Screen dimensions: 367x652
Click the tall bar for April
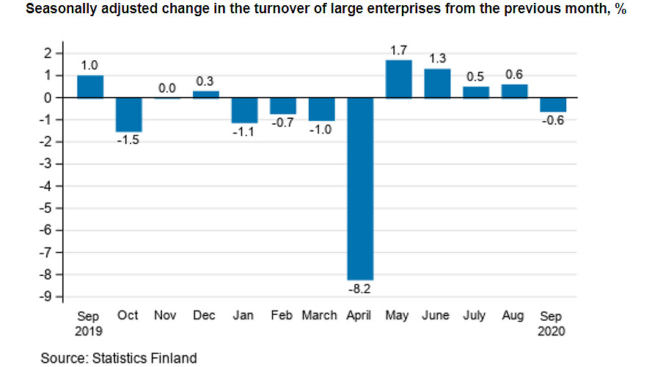[x=360, y=189]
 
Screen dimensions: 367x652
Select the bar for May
[x=399, y=79]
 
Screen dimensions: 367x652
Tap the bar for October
[x=128, y=115]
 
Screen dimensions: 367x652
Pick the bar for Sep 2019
[x=90, y=87]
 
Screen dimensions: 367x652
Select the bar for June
[x=437, y=83]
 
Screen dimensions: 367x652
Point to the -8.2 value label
[x=360, y=289]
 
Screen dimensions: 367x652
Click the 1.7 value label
[x=399, y=51]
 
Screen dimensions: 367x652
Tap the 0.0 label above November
[x=167, y=88]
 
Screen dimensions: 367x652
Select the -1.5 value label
[x=128, y=140]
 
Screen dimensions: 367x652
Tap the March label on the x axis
[x=320, y=316]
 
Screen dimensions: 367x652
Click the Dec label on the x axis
[x=205, y=316]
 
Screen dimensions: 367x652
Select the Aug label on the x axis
[x=513, y=316]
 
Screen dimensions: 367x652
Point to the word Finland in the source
[x=173, y=358]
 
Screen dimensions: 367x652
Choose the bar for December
[x=206, y=94]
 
